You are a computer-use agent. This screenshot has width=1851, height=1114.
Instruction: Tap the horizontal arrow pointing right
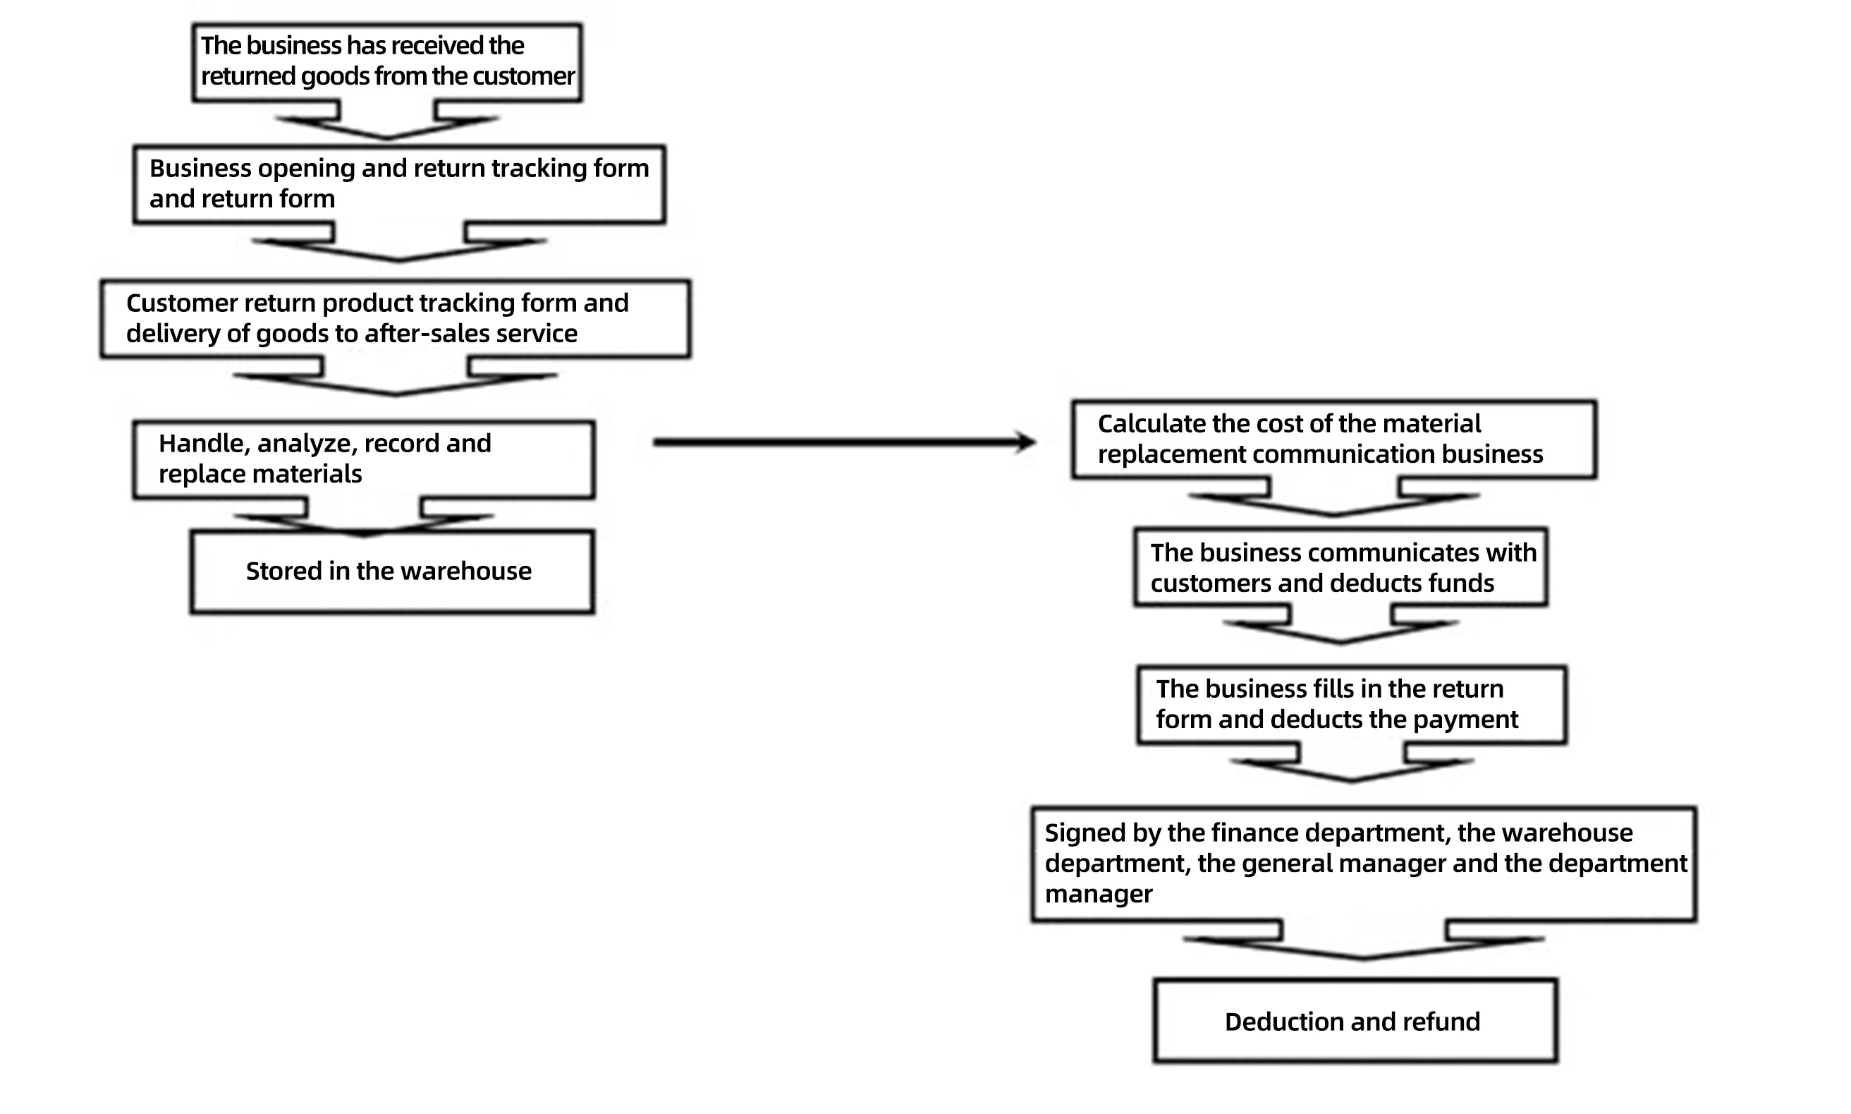[x=845, y=442]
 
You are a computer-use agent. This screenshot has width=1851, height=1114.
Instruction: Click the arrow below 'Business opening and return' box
[x=399, y=242]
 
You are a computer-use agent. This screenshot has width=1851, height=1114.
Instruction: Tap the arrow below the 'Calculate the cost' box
[x=1334, y=496]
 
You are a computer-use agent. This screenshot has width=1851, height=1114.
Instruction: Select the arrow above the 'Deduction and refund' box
[x=1364, y=940]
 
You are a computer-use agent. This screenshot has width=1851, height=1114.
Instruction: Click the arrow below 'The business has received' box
[x=387, y=120]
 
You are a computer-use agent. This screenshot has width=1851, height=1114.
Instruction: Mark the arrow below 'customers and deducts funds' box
[x=1342, y=624]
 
